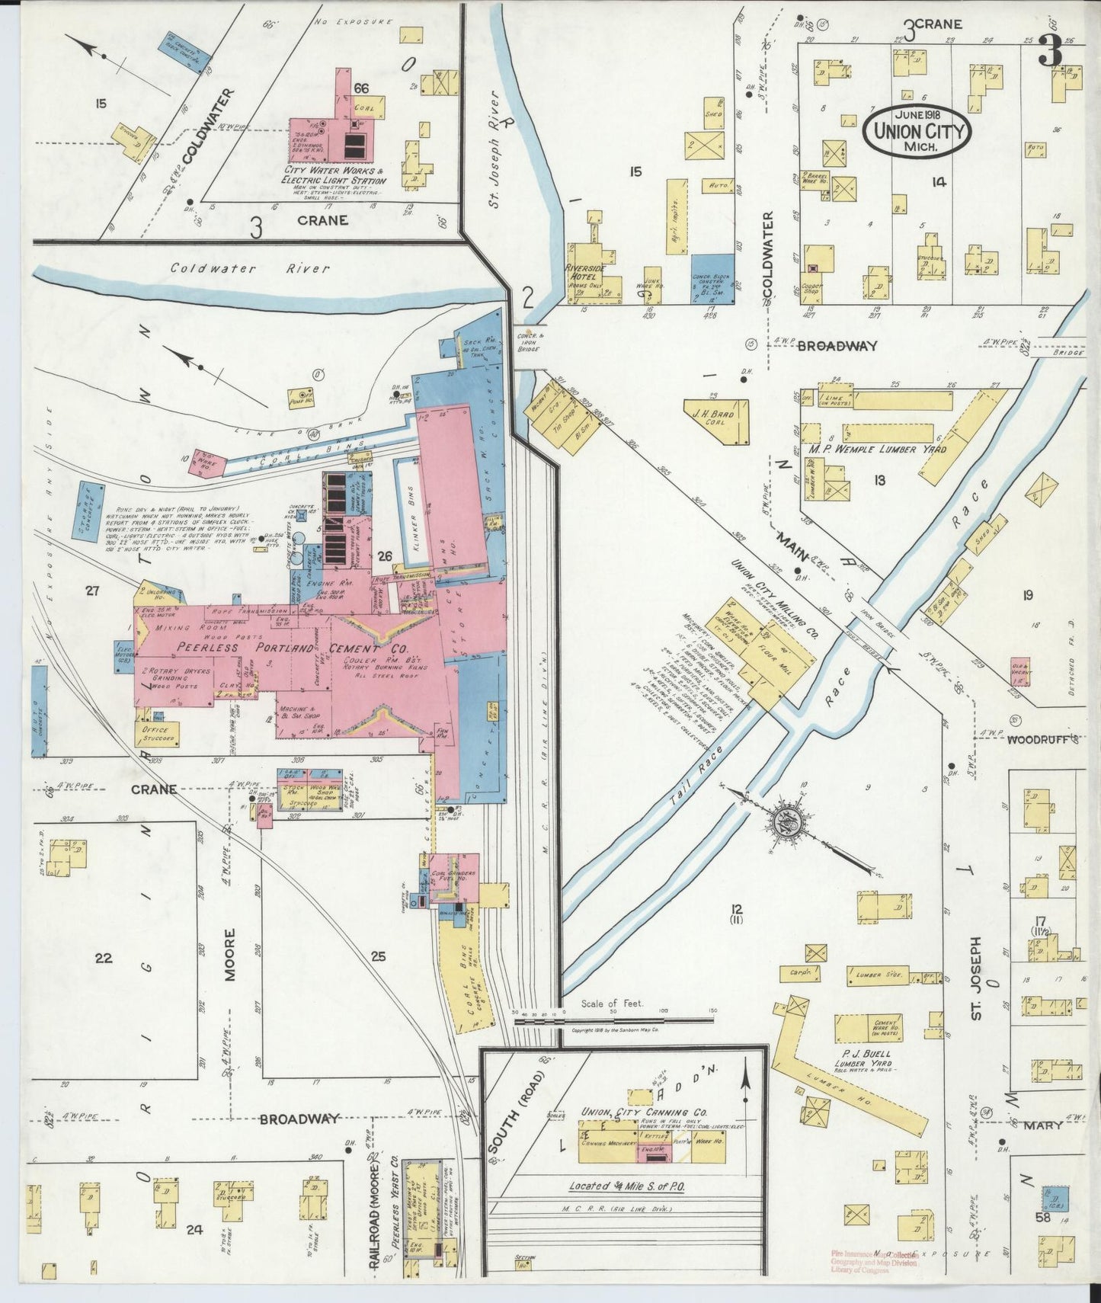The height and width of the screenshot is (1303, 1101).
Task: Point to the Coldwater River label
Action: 250,268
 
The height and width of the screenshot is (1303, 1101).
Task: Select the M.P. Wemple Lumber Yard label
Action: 876,450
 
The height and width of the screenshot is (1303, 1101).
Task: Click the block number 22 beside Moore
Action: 103,958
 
